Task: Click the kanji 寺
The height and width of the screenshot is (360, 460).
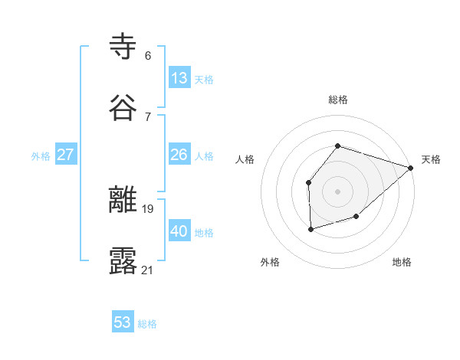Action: pyautogui.click(x=123, y=47)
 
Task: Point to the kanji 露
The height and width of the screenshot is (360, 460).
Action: pyautogui.click(x=123, y=261)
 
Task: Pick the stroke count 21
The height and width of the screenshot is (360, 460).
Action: pyautogui.click(x=147, y=270)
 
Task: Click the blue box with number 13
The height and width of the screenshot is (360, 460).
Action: pyautogui.click(x=179, y=78)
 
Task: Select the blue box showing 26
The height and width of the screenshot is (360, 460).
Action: pyautogui.click(x=179, y=155)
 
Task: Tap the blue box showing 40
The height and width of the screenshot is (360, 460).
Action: pyautogui.click(x=179, y=231)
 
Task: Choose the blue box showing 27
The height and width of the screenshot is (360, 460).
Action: pyautogui.click(x=66, y=155)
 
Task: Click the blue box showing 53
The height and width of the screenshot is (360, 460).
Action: pyautogui.click(x=123, y=322)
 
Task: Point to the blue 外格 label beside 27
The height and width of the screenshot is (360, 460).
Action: pyautogui.click(x=41, y=156)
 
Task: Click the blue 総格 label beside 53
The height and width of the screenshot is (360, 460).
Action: pyautogui.click(x=147, y=324)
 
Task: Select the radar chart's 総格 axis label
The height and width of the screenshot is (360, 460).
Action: pyautogui.click(x=338, y=100)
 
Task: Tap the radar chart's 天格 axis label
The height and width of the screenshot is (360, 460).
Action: pyautogui.click(x=431, y=159)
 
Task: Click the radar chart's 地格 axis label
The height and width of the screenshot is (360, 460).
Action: pyautogui.click(x=402, y=262)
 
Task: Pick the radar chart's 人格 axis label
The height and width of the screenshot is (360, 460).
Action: pyautogui.click(x=245, y=159)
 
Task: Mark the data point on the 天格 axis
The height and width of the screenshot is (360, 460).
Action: pyautogui.click(x=411, y=168)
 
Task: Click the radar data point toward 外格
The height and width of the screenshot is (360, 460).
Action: pyautogui.click(x=310, y=229)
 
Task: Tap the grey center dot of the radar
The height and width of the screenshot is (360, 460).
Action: pyautogui.click(x=338, y=191)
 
